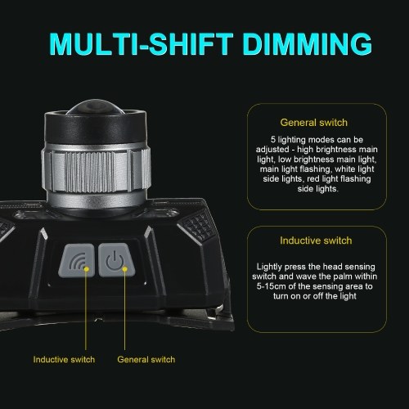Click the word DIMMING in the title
308,44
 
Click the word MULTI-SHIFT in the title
142,44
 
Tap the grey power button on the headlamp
116,260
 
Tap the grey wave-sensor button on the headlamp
77,260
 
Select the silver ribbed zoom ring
96,170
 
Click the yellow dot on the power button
125,269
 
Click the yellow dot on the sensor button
87,269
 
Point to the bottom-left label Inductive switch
64,359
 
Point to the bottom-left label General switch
146,359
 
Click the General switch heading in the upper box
314,123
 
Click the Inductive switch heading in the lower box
316,240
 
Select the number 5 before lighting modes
273,140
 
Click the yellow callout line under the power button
125,309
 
